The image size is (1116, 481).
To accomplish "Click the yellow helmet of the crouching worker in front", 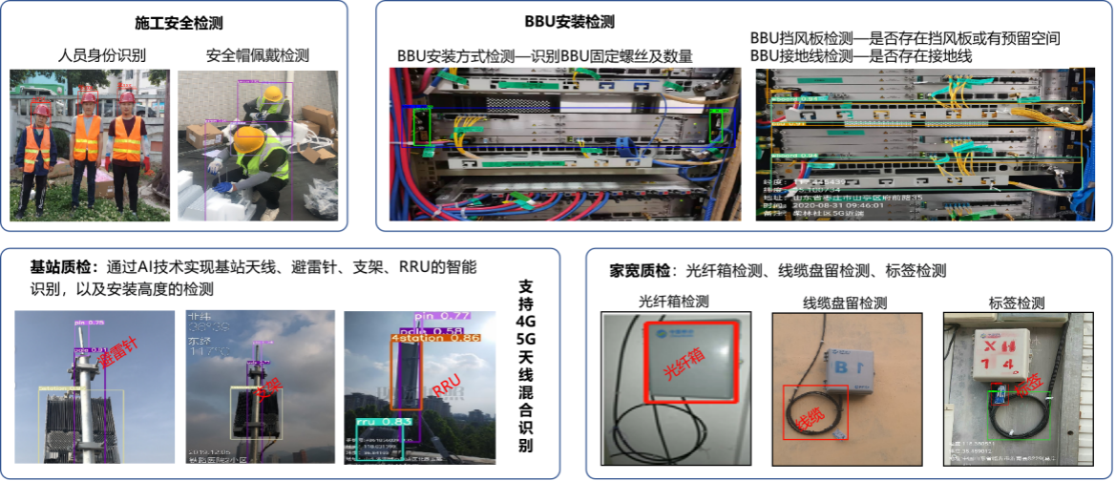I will tap(250, 138).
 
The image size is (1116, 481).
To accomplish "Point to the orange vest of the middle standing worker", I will tap(87, 138).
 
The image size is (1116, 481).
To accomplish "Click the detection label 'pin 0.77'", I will tap(444, 316).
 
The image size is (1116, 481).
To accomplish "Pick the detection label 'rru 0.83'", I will tap(382, 420).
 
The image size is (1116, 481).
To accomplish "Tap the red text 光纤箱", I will tap(682, 364).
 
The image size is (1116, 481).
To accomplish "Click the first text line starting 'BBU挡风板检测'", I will tap(906, 40).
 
